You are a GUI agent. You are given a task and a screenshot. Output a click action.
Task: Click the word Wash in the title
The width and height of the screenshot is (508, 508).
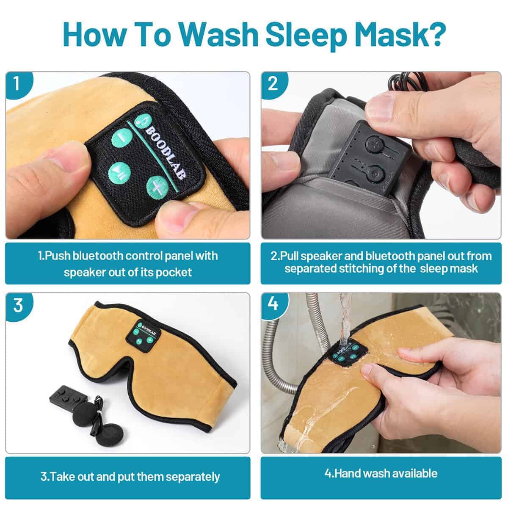click(x=219, y=35)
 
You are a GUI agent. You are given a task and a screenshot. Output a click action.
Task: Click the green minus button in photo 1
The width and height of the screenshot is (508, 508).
click(x=121, y=138)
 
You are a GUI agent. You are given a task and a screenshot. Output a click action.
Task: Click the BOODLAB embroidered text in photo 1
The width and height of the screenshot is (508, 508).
click(x=165, y=153)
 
